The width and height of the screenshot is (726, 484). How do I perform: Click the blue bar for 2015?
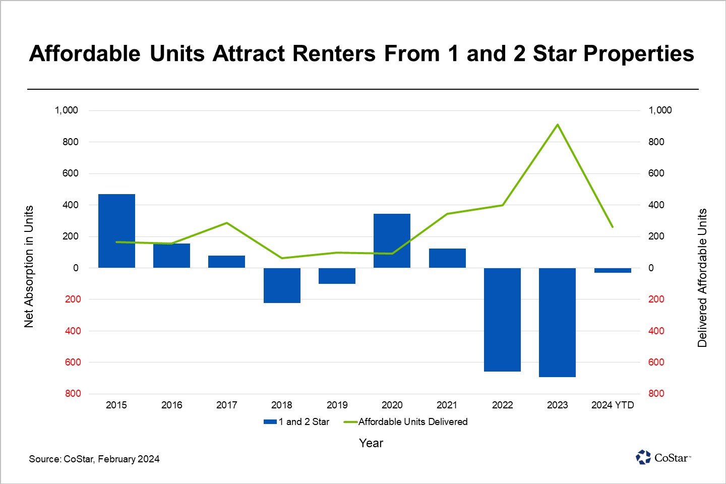[116, 231]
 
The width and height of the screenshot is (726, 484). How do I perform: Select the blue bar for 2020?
[392, 241]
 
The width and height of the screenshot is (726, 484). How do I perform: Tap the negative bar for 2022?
[502, 320]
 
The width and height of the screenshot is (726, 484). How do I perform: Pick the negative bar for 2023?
[557, 323]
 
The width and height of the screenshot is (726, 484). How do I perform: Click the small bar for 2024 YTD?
[613, 270]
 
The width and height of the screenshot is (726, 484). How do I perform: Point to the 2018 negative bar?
[282, 285]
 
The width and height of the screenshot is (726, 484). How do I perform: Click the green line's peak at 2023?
[557, 125]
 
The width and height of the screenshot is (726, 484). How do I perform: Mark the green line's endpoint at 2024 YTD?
[613, 227]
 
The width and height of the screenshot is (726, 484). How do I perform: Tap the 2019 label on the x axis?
[337, 405]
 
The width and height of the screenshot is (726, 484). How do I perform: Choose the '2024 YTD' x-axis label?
[613, 405]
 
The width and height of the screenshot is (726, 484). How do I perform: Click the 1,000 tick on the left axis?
[67, 110]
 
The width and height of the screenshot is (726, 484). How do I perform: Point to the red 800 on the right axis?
[656, 394]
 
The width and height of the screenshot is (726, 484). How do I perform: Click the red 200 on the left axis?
[73, 299]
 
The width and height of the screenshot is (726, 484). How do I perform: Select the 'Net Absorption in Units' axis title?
[29, 266]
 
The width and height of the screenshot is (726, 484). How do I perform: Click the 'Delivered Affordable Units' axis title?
[702, 278]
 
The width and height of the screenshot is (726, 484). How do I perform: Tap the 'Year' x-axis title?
[371, 443]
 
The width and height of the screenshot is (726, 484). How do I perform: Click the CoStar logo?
[663, 457]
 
